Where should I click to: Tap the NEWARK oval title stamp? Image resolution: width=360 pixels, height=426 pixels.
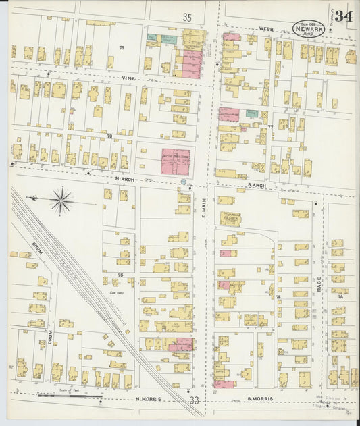point(307,28)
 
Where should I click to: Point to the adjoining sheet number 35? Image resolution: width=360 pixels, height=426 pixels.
point(188,16)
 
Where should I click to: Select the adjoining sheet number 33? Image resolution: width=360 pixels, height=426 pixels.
point(195,401)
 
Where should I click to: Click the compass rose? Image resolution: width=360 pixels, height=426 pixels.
point(61,201)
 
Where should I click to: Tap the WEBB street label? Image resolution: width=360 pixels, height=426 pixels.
point(264,30)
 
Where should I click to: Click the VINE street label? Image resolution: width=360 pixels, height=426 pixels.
point(129,78)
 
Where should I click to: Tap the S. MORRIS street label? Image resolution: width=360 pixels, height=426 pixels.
point(259,399)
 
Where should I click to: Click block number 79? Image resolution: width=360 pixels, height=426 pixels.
point(122,47)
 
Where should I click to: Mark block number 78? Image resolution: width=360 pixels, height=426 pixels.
point(108,136)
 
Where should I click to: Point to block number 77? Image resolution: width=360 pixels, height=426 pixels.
point(270,126)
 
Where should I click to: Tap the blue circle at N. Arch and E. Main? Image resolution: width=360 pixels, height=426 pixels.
point(184,182)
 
